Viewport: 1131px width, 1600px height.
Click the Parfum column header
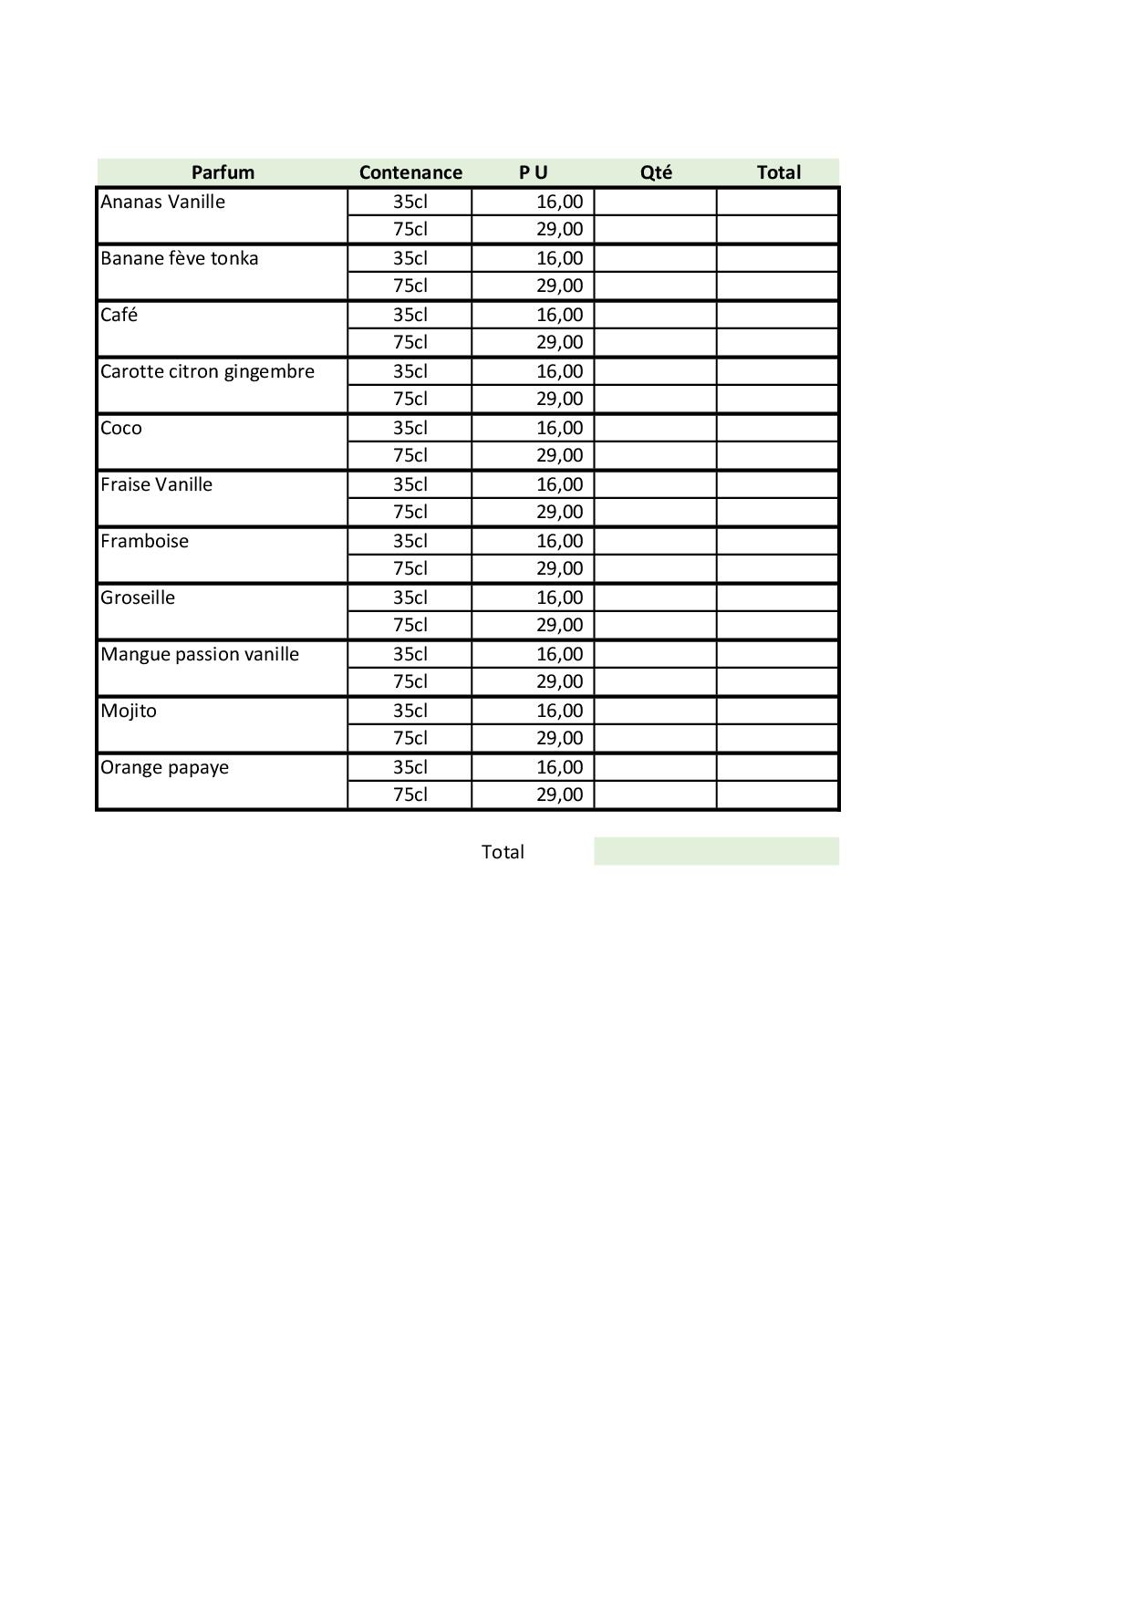tap(223, 172)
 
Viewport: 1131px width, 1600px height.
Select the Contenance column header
tap(410, 172)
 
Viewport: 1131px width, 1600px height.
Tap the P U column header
tap(534, 172)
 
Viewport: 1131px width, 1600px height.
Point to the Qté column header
tap(656, 172)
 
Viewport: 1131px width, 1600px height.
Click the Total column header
tap(778, 172)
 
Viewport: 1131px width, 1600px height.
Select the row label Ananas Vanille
tap(162, 202)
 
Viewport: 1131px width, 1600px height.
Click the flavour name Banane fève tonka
tap(179, 258)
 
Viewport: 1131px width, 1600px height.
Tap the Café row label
tap(119, 315)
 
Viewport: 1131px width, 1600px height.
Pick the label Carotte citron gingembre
tap(207, 371)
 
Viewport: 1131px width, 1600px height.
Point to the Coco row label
tap(121, 428)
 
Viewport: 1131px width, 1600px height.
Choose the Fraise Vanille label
tap(156, 484)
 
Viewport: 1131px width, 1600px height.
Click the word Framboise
tap(144, 541)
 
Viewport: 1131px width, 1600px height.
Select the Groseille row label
tap(138, 597)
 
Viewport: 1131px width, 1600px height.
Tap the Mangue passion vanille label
tap(200, 654)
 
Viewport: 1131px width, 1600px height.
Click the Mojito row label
tap(129, 711)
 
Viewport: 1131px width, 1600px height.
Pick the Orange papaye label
tap(164, 767)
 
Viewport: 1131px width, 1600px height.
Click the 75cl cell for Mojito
tap(410, 738)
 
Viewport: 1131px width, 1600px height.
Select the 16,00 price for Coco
tap(559, 428)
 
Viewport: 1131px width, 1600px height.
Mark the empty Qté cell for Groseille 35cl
tap(655, 597)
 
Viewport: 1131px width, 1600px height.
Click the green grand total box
tap(716, 851)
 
